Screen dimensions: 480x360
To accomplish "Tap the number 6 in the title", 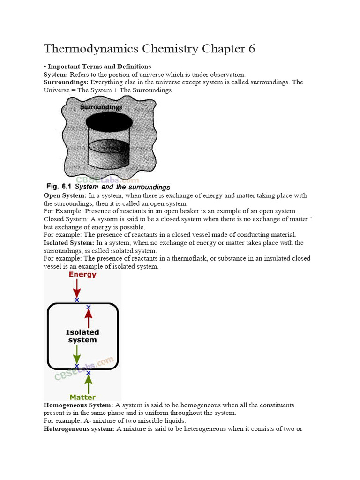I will (252, 49).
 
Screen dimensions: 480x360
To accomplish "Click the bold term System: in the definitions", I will (56, 75).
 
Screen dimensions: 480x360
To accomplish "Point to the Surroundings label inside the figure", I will (101, 107).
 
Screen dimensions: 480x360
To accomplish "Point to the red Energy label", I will (82, 275).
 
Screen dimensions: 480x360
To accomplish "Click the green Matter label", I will (82, 397).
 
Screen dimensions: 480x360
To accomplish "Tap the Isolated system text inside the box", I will (82, 336).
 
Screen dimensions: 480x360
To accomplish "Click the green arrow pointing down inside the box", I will (77, 354).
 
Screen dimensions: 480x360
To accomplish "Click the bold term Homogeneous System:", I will (78, 405).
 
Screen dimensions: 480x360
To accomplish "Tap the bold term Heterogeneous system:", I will (79, 429).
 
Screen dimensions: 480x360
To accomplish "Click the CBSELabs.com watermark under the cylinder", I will (107, 180).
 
